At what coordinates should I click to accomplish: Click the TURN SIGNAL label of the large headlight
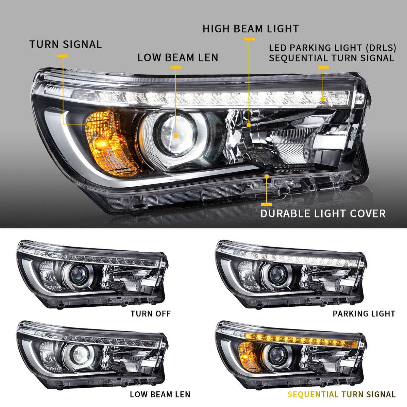(65, 44)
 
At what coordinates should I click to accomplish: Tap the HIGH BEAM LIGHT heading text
(251, 29)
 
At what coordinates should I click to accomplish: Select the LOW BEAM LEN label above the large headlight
(178, 57)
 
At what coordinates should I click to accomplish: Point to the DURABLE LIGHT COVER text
(323, 214)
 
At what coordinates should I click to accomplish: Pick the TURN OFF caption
(150, 313)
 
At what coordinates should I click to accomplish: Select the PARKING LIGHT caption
(364, 313)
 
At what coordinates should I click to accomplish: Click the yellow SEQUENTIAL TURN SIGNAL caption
(341, 394)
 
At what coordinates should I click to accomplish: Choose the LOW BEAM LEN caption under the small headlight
(160, 394)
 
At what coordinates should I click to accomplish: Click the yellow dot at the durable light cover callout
(267, 176)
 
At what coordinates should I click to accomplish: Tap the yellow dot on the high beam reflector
(249, 125)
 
